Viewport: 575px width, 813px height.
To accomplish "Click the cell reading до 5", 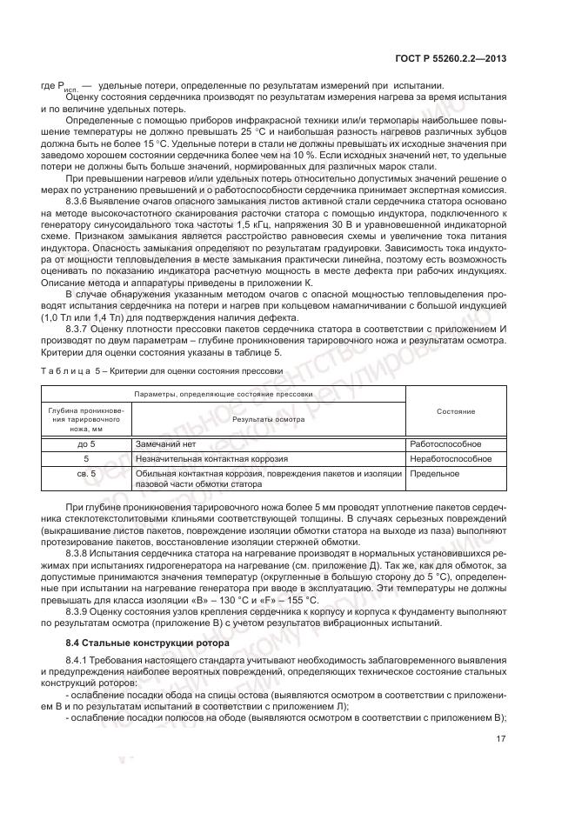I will tap(85, 443).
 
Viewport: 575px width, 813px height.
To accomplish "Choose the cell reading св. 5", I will tap(85, 473).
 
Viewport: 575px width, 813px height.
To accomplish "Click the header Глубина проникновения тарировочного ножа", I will tap(85, 419).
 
